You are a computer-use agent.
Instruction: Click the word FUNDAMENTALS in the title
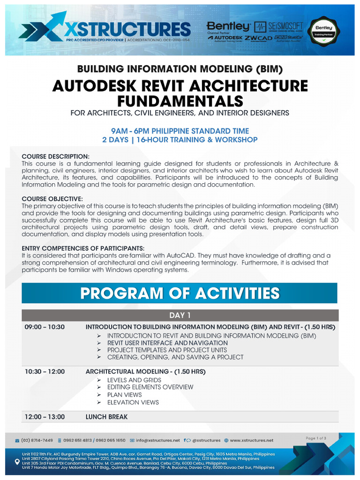[180, 101]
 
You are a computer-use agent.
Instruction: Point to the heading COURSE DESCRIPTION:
[55, 156]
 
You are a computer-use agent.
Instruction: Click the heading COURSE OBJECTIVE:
[52, 199]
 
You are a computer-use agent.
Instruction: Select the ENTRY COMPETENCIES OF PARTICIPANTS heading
[83, 248]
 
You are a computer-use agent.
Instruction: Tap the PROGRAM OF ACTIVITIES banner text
[180, 293]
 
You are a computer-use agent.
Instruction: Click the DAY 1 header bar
[180, 315]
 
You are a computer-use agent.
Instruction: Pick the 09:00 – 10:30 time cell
[45, 327]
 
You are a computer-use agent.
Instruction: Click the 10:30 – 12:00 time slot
[45, 371]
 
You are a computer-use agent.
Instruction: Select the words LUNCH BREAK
[106, 416]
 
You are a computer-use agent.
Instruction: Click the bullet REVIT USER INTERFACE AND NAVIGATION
[167, 343]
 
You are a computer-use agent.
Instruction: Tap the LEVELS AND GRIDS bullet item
[134, 380]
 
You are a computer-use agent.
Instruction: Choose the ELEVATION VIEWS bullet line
[133, 402]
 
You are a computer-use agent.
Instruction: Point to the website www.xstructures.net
[251, 440]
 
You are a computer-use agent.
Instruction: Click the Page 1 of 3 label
[316, 438]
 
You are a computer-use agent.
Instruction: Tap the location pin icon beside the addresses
[17, 461]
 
